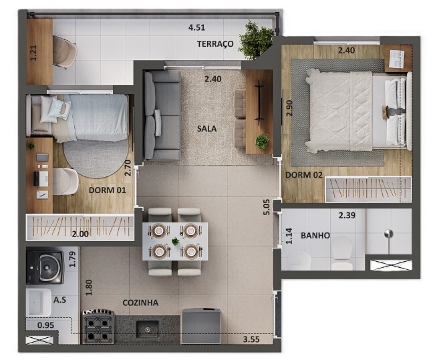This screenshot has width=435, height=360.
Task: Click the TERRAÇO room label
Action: click(x=215, y=44)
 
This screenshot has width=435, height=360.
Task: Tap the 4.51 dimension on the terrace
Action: click(x=196, y=28)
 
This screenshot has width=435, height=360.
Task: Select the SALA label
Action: click(x=206, y=129)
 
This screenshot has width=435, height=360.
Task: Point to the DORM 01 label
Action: click(x=108, y=190)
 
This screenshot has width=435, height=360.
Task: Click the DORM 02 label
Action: click(x=304, y=175)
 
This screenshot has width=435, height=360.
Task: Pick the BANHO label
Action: click(x=315, y=236)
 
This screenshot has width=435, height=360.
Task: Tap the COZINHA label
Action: click(x=140, y=303)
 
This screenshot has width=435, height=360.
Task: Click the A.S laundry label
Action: click(x=60, y=300)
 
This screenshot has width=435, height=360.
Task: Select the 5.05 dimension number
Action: click(x=267, y=207)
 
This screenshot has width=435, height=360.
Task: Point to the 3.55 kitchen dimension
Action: click(x=251, y=339)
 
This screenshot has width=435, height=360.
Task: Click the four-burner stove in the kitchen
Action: click(x=98, y=327)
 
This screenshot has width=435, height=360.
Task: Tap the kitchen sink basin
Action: click(x=147, y=329)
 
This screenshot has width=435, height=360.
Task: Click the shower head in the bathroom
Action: click(x=389, y=234)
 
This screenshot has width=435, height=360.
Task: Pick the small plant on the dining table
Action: click(x=175, y=242)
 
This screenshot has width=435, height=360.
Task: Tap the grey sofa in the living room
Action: click(x=162, y=116)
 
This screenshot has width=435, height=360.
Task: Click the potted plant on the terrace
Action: click(x=255, y=41)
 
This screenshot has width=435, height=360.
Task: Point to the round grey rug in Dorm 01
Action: click(x=96, y=158)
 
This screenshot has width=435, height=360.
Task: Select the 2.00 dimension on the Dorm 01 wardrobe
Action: click(x=80, y=234)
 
